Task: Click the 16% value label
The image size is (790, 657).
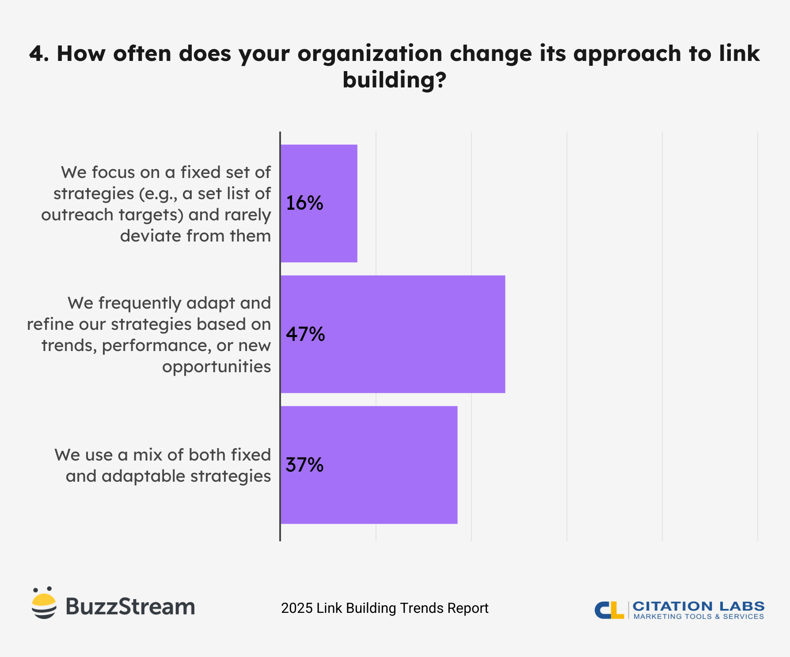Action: [304, 203]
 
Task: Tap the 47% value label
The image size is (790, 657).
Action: [305, 334]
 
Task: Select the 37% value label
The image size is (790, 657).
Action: [304, 465]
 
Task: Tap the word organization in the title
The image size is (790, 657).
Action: [370, 54]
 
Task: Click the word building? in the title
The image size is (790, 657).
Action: [395, 80]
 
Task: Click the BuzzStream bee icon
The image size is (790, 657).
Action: [44, 603]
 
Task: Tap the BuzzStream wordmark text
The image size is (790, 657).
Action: [130, 607]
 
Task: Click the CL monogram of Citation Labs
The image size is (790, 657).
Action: [609, 610]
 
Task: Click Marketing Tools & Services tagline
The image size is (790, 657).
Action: [698, 617]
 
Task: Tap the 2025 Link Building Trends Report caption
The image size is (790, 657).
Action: [384, 608]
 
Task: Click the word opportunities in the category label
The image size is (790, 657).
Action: [216, 366]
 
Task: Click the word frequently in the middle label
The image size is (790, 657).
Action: [140, 303]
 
